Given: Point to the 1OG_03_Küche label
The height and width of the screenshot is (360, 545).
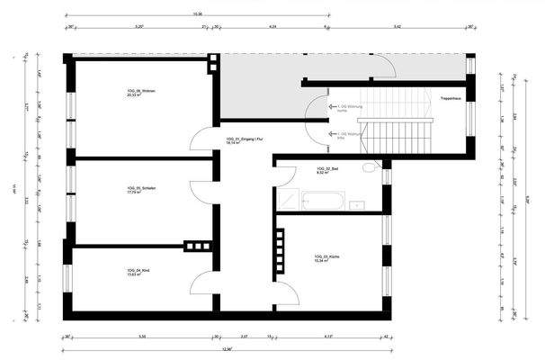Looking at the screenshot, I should point(326,256).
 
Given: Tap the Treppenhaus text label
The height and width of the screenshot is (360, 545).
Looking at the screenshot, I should point(451,97).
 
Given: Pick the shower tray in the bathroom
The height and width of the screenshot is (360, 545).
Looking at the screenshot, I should point(288,200).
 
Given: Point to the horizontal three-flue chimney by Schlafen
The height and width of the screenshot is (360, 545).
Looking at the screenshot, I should point(195,244).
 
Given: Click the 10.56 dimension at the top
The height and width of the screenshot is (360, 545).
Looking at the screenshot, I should point(197,14).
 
